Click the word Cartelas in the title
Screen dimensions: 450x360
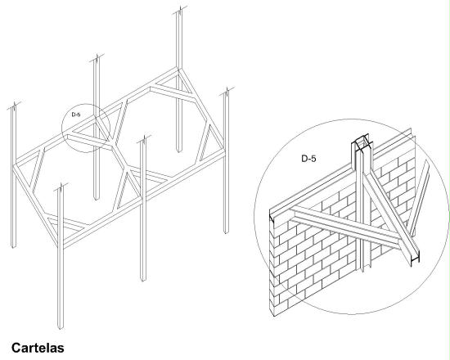pos(38,348)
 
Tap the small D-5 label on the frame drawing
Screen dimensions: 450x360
pos(76,115)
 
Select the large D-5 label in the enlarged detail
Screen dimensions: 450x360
pos(308,158)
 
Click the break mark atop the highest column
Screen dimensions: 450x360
pos(180,11)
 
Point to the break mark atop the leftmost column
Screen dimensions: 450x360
pos(13,106)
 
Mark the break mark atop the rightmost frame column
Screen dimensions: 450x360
pos(227,92)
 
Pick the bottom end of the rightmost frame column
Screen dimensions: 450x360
pos(227,233)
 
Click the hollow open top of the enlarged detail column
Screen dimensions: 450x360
pos(361,142)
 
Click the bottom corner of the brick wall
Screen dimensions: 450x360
pos(273,317)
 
